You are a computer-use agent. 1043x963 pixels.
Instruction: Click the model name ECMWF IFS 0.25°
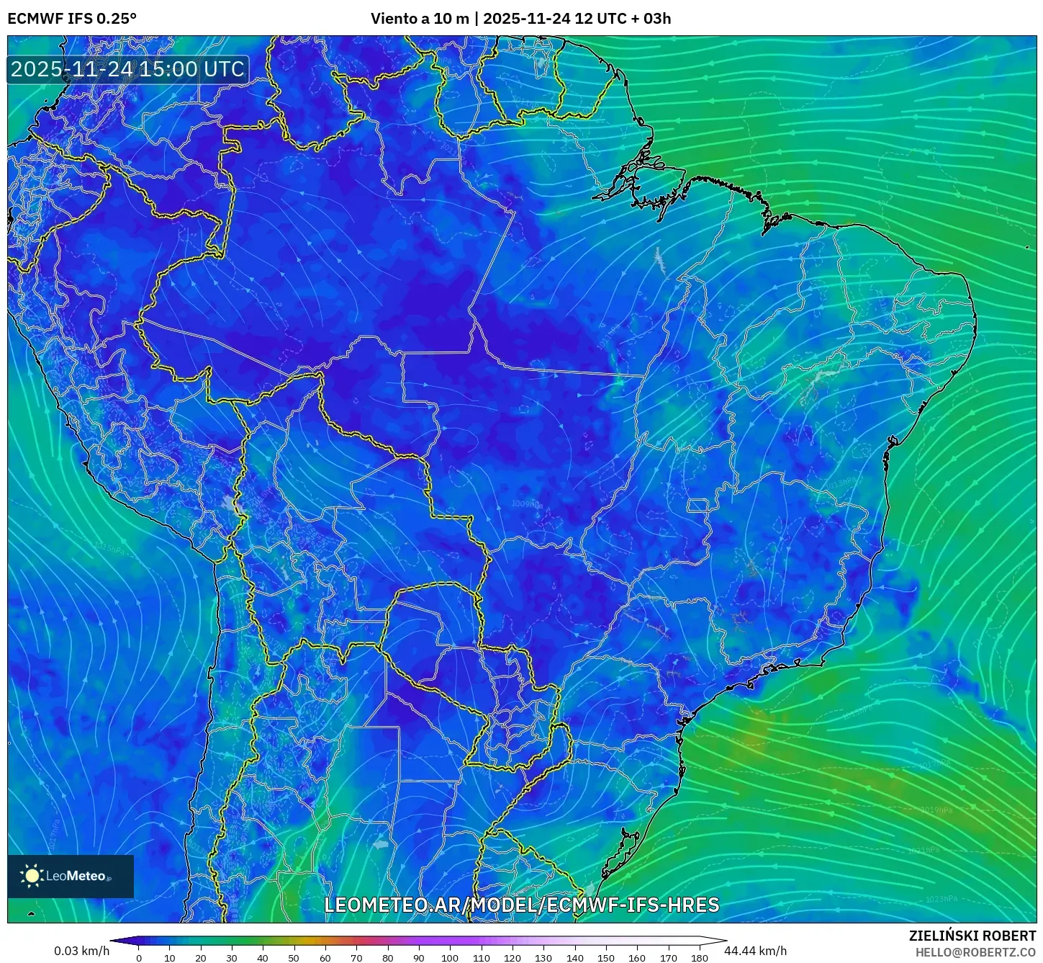coord(72,19)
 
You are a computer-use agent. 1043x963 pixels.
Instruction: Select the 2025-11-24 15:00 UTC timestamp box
coord(127,69)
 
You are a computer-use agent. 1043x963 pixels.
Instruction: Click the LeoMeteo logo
coord(71,876)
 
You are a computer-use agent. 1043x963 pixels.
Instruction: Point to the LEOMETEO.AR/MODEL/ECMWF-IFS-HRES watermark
coord(521,905)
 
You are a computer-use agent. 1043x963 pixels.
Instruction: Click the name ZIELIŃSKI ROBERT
coord(972,936)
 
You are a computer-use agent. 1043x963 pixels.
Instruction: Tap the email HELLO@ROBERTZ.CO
coord(975,952)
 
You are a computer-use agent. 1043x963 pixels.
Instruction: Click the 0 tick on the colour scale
coord(139,957)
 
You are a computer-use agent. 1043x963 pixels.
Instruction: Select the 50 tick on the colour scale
coord(294,957)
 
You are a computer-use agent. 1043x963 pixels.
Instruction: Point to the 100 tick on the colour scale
coord(449,957)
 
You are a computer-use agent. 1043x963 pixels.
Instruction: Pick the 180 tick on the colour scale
coord(699,957)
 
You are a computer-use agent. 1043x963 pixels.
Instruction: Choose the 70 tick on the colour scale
coord(356,957)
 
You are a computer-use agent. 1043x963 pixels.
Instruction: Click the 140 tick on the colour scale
coord(574,957)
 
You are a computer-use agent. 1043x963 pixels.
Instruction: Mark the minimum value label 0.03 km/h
coord(81,951)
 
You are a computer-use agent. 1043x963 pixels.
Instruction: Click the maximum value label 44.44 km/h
coord(756,951)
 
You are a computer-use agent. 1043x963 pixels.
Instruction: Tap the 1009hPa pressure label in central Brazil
coord(527,504)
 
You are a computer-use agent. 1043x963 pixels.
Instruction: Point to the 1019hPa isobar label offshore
coord(937,810)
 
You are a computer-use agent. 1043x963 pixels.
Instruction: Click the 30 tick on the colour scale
coord(232,957)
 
